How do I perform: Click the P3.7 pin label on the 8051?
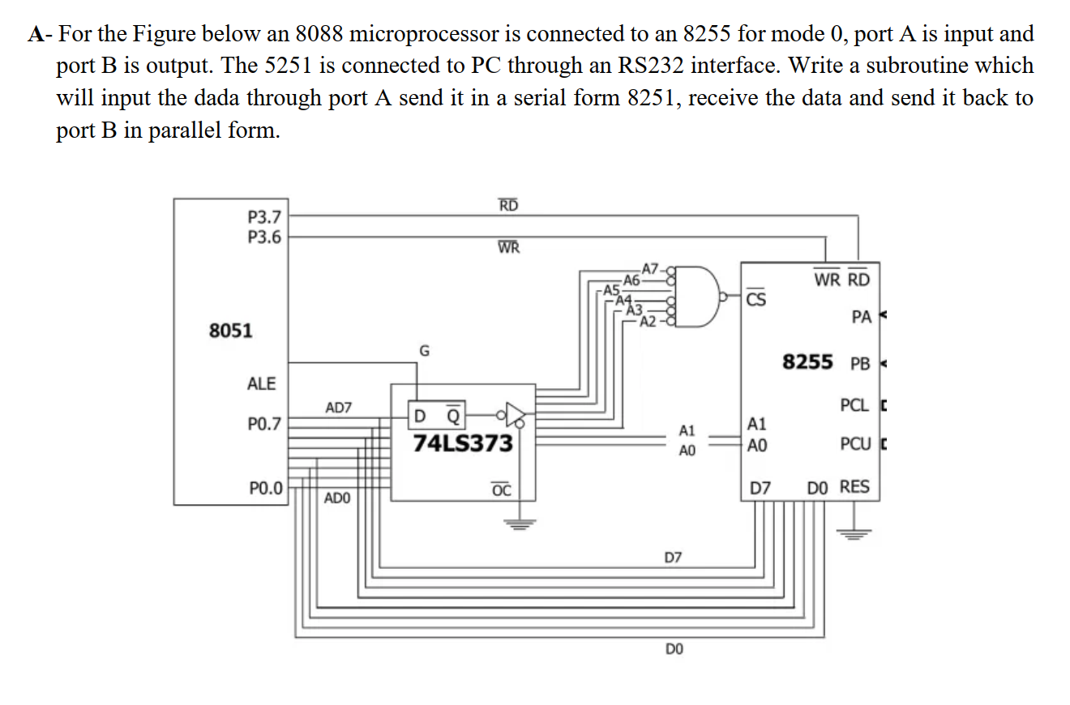(x=264, y=216)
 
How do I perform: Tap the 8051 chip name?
(x=230, y=331)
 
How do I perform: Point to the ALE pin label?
(x=261, y=384)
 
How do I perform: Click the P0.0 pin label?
(x=266, y=488)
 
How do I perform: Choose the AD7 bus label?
(x=338, y=408)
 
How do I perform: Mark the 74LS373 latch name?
(x=463, y=443)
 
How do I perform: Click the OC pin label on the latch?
(x=502, y=489)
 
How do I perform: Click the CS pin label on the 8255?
(x=755, y=298)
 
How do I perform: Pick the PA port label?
(x=862, y=318)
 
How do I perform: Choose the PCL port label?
(x=855, y=404)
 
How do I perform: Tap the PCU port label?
(x=856, y=444)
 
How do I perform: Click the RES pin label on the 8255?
(x=854, y=487)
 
